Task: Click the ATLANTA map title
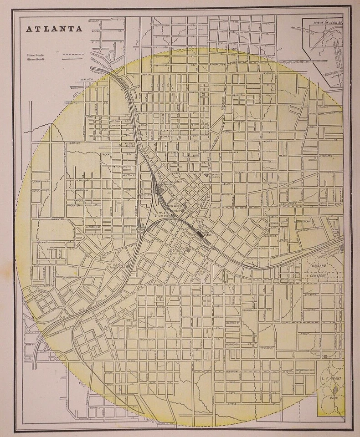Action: pyautogui.click(x=54, y=29)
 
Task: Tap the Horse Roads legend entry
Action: pyautogui.click(x=35, y=54)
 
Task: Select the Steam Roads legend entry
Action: pyautogui.click(x=35, y=59)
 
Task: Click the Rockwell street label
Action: pyautogui.click(x=86, y=418)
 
